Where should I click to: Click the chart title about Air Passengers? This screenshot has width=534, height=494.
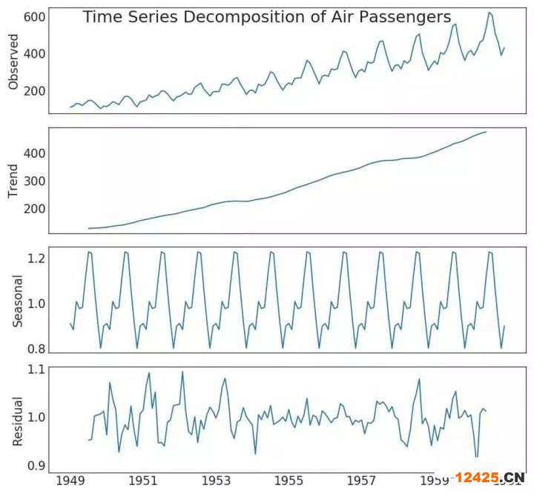(267, 16)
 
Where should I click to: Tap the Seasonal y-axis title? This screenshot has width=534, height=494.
(18, 301)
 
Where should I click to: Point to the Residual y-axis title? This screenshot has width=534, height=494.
(18, 421)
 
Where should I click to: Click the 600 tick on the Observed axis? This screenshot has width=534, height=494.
(35, 16)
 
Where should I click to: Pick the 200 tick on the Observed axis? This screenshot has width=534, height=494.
(35, 91)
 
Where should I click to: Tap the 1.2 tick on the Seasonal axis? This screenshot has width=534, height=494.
(37, 258)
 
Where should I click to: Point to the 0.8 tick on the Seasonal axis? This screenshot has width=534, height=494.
(37, 349)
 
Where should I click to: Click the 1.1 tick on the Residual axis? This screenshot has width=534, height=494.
(37, 369)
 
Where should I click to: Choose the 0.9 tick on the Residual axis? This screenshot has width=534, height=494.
(37, 465)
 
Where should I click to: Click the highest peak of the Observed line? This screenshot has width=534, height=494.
(489, 12)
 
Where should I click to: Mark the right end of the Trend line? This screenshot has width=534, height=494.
(487, 132)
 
